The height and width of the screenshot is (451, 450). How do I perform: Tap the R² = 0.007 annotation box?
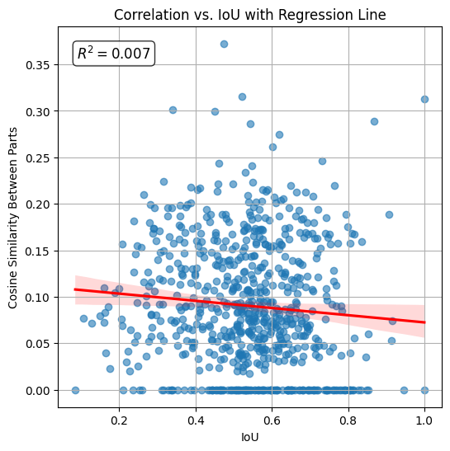tap(114, 54)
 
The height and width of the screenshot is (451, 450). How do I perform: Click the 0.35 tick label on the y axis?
tap(38, 64)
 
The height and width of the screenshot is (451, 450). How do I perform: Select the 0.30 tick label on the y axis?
tap(38, 111)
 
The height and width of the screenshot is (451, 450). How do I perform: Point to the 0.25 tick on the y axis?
tap(38, 157)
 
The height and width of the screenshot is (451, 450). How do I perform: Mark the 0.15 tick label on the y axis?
tap(38, 251)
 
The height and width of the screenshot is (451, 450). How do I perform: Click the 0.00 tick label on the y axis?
tap(38, 390)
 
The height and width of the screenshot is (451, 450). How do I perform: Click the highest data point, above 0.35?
tap(224, 44)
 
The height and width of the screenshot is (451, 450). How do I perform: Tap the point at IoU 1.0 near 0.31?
tap(424, 99)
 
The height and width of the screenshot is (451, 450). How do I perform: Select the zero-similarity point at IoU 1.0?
tap(424, 390)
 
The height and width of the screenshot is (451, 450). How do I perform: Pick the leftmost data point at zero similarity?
tap(75, 390)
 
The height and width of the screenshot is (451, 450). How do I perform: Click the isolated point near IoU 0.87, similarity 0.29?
tap(374, 121)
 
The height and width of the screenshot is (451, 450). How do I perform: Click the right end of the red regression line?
tap(424, 322)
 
